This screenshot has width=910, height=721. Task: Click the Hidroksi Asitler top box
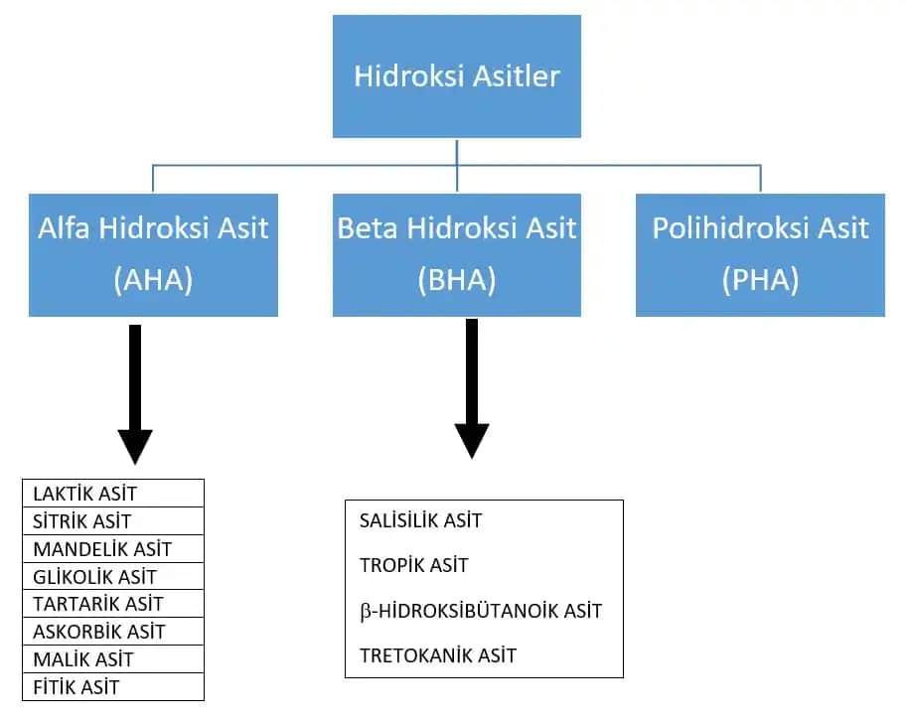[457, 76]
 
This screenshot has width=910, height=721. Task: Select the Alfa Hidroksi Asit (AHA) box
[153, 254]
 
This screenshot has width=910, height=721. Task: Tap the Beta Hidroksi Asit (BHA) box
[457, 254]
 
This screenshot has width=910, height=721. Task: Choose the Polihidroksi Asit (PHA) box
[760, 254]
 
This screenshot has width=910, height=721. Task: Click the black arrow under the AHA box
[135, 392]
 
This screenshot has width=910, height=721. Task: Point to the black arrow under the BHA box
[472, 387]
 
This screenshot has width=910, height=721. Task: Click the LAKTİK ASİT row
[84, 494]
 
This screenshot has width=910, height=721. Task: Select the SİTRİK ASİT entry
[81, 521]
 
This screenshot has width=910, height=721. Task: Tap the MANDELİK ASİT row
[101, 549]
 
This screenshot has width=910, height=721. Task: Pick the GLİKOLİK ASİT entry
[94, 577]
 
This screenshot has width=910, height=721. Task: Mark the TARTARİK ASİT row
[97, 604]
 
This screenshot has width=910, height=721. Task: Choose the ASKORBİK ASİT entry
[98, 632]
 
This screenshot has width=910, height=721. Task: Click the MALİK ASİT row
[82, 659]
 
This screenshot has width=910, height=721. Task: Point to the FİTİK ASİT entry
[76, 687]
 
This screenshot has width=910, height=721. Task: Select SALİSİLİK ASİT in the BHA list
[420, 521]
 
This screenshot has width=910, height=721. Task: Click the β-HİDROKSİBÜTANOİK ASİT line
[481, 611]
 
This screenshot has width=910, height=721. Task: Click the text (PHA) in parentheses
[760, 280]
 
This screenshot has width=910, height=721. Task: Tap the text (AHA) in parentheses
[153, 280]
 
